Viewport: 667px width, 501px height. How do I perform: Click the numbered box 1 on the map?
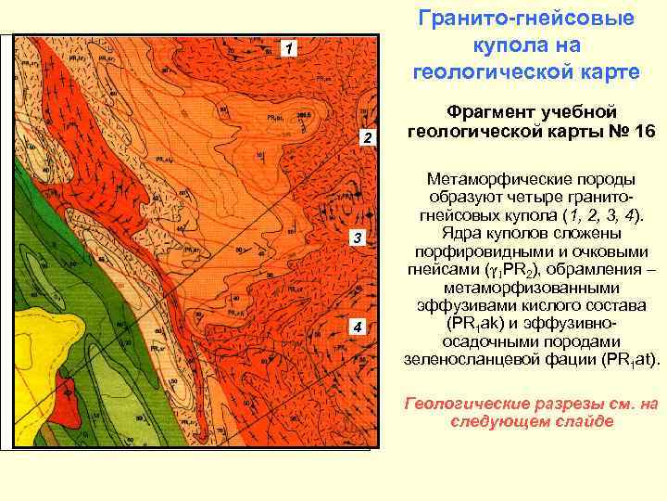click(290, 48)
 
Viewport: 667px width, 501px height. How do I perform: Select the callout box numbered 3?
click(358, 239)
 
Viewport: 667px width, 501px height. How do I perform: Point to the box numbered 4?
click(358, 326)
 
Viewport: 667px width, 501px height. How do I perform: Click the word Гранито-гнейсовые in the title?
click(525, 19)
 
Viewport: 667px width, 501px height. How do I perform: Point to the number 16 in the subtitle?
click(639, 132)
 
